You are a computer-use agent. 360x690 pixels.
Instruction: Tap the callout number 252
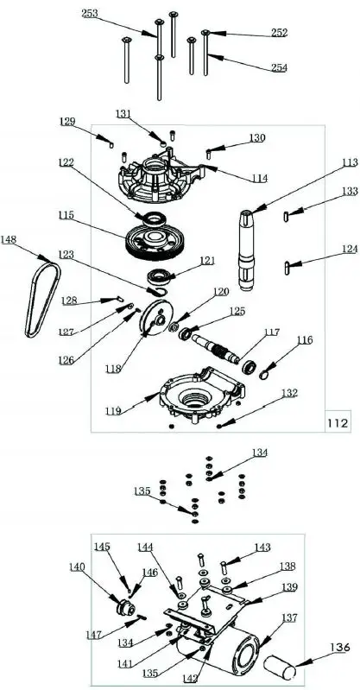278,32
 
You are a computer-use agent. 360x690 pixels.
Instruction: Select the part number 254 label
278,67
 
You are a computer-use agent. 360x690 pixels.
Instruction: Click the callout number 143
262,548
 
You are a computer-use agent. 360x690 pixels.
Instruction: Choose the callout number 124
325,249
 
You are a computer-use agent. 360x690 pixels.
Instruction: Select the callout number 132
288,393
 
